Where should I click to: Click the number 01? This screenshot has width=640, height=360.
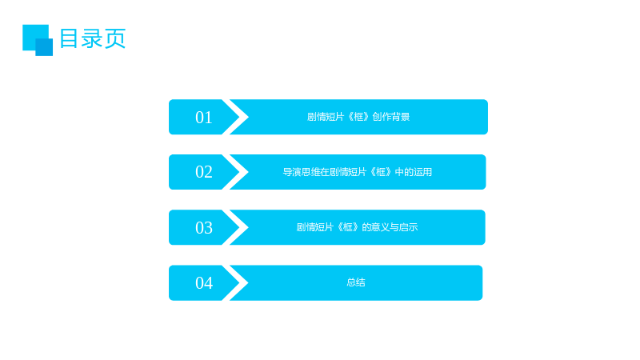coord(204,118)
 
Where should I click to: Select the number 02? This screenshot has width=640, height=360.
coord(204,172)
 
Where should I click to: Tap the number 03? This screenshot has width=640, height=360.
coord(204,228)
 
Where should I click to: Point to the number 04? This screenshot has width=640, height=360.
coord(204,283)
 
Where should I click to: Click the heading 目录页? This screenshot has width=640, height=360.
coord(93,38)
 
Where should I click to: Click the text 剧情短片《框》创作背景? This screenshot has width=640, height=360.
coord(358,117)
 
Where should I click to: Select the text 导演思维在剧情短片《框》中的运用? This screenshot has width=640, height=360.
coord(357,172)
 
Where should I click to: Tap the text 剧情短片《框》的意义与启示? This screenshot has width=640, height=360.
coord(357,227)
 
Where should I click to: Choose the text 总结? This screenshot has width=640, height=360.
coord(355,282)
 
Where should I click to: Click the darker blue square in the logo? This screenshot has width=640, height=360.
coord(44,47)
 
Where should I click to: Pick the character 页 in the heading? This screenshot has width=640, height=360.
coord(115,38)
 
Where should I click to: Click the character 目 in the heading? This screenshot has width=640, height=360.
coord(69,38)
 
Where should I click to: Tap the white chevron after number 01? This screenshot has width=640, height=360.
coord(236,117)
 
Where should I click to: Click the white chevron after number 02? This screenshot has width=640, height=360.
coord(236,172)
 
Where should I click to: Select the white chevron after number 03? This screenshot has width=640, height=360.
coord(236,227)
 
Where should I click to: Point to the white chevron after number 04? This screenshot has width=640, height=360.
coord(236,283)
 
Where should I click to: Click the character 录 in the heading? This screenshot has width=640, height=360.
coord(92,38)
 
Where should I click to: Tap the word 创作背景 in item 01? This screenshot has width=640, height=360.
coord(390,117)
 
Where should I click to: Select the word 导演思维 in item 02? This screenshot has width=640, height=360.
coord(302,172)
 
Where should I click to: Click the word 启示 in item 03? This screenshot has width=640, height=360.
coord(408,227)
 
